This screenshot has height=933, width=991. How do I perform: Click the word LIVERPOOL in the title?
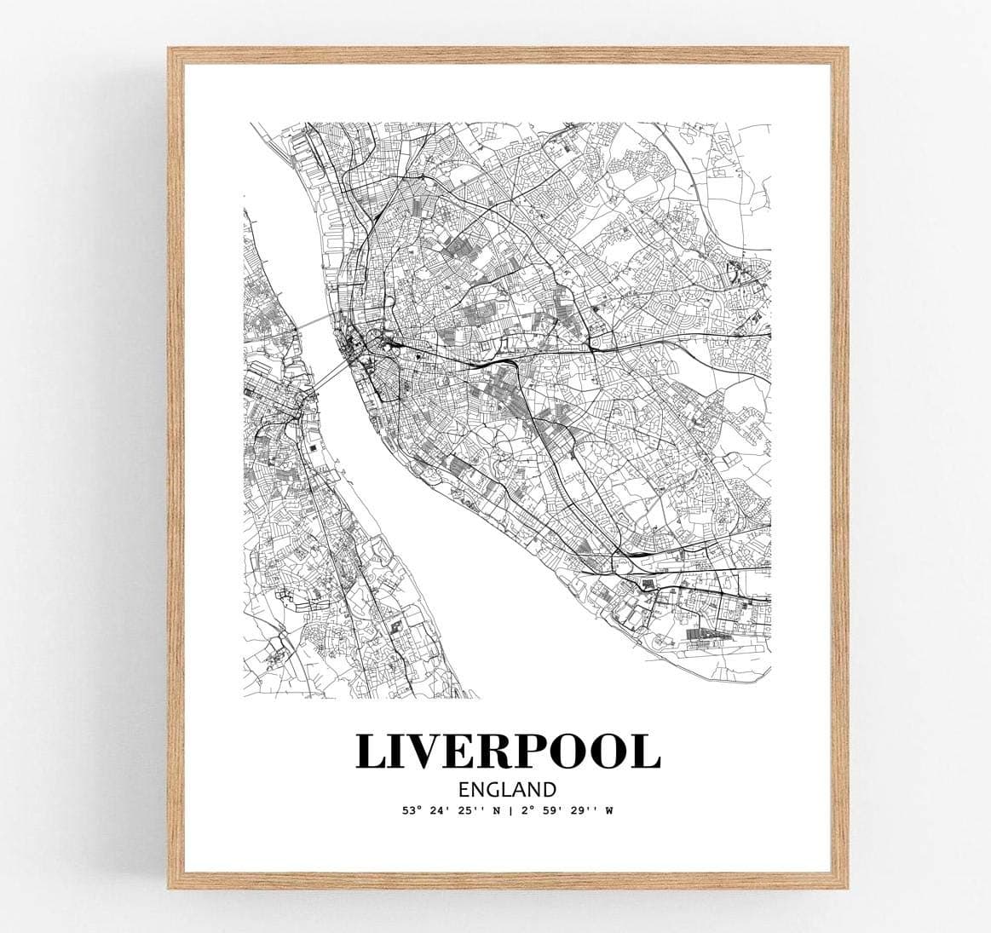pos(508,750)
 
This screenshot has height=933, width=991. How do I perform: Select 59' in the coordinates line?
pos(551,810)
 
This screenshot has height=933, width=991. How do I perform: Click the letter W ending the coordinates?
pos(609,810)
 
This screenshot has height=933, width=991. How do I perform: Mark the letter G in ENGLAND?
pos(495,789)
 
